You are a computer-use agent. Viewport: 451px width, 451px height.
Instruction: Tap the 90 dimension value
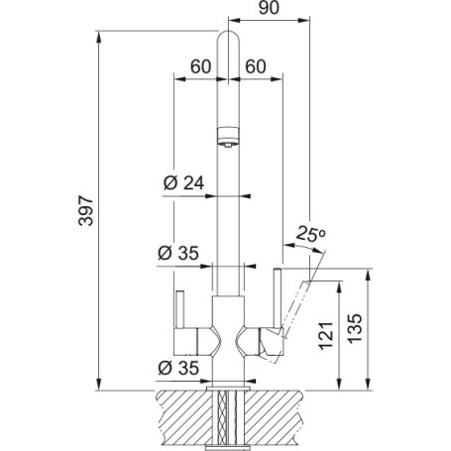coord(265,10)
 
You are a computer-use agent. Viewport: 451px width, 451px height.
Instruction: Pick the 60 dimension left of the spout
coord(200,67)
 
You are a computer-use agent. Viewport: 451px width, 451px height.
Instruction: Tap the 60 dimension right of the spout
coord(254,67)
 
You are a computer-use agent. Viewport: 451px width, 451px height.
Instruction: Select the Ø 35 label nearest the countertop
coord(180,368)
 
